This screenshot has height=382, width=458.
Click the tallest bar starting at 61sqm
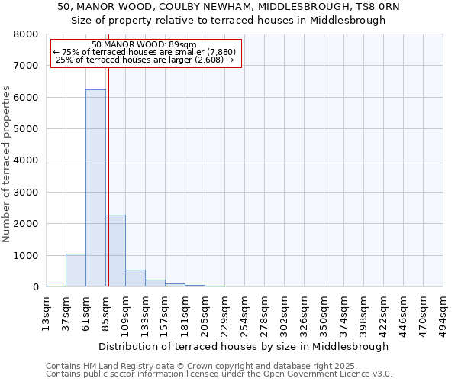tap(95, 188)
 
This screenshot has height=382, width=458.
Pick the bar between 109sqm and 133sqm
tap(135, 278)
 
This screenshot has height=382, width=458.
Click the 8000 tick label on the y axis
tap(26, 34)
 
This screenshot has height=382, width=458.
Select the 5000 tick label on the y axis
tap(26, 129)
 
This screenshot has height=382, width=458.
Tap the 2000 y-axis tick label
tap(26, 224)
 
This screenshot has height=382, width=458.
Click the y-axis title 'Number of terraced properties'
tap(7, 163)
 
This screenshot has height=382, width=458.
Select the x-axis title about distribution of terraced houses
tap(244, 346)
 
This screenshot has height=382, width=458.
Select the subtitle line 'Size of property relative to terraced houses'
tap(228, 21)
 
